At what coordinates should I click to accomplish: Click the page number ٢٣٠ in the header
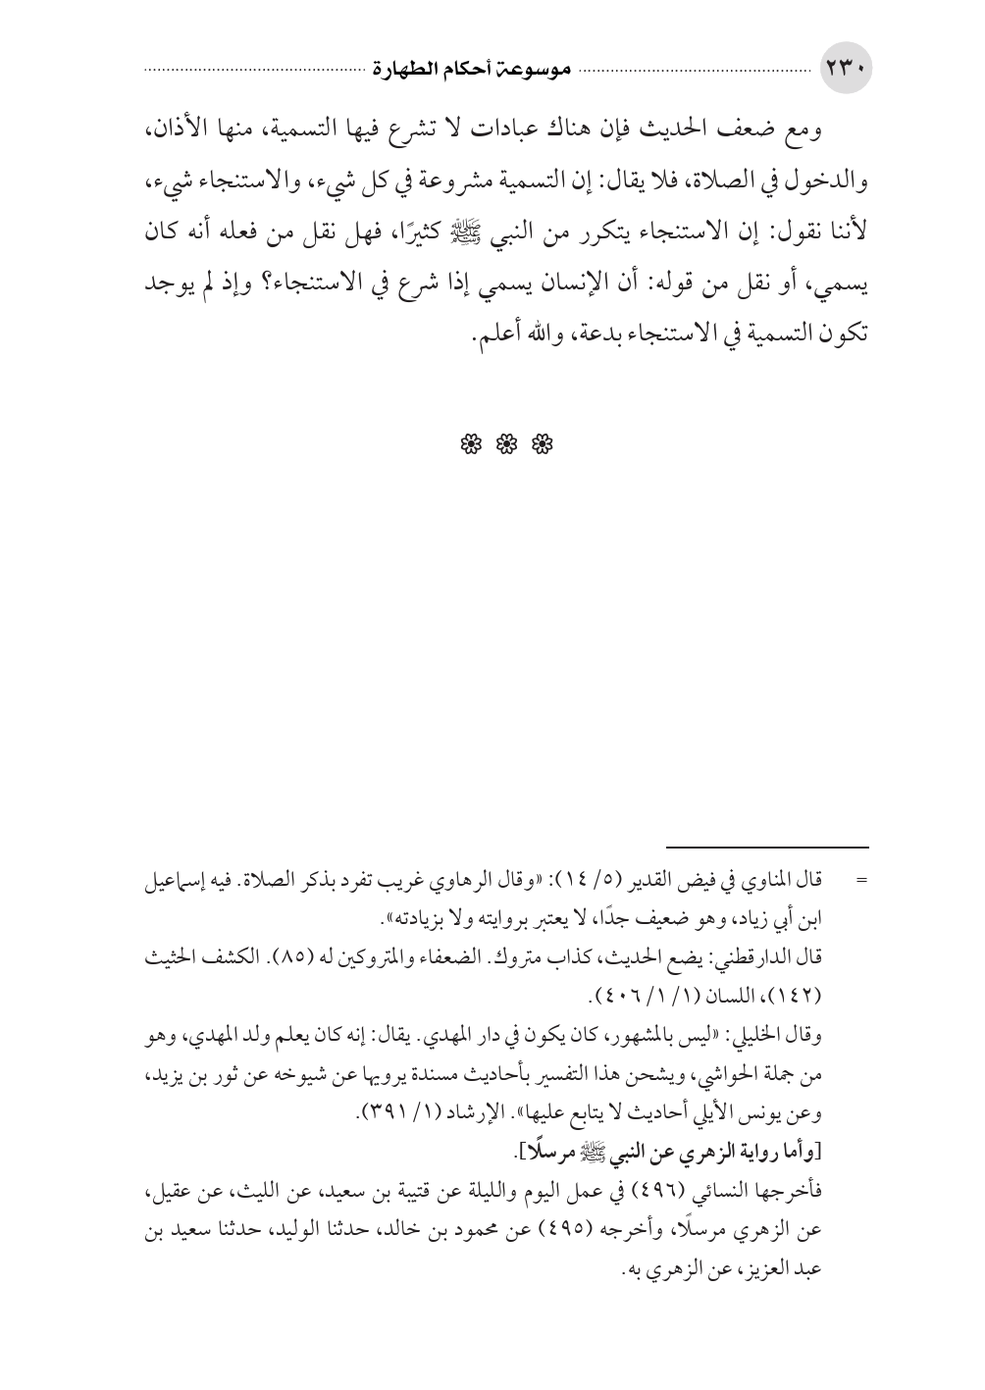(x=845, y=72)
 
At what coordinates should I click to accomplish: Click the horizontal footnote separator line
(x=768, y=847)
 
